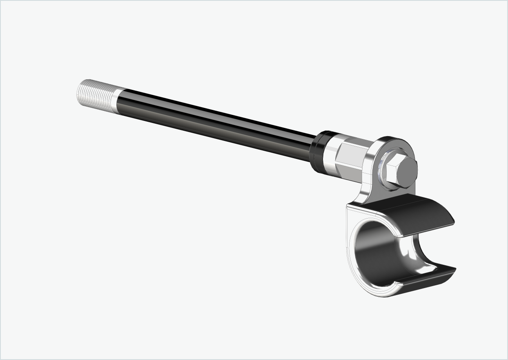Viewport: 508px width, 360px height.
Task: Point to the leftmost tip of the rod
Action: [x=78, y=92]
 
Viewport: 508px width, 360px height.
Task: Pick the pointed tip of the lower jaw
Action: [x=454, y=270]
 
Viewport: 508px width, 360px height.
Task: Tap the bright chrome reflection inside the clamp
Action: [x=410, y=262]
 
